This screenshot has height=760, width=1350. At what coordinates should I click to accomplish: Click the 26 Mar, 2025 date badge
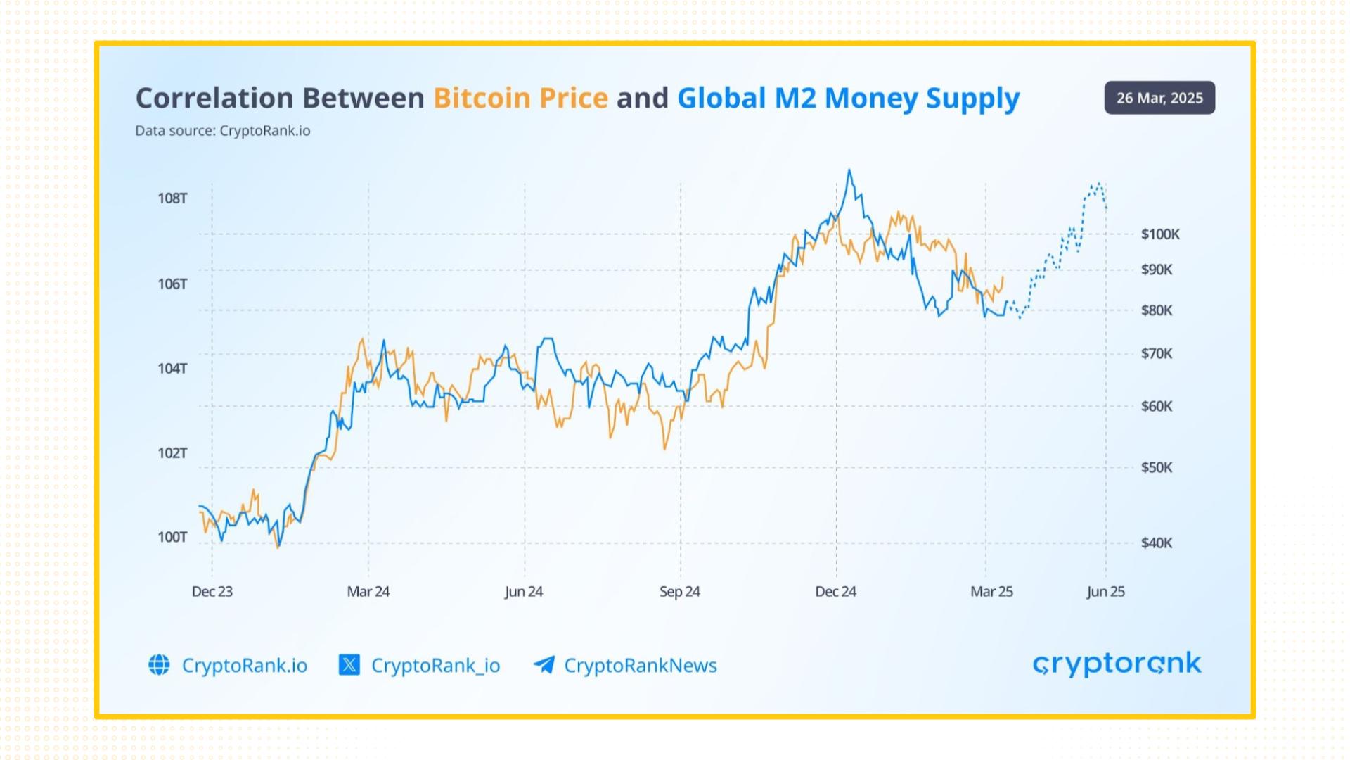click(x=1159, y=98)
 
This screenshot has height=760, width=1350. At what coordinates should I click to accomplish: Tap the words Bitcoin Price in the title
click(x=520, y=98)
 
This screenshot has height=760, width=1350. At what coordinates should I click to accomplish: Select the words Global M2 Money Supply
click(x=848, y=98)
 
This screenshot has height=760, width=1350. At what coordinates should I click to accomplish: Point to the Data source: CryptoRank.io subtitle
click(x=222, y=131)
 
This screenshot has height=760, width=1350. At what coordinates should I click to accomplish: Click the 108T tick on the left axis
click(x=172, y=198)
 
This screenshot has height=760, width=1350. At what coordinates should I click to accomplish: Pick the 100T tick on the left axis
click(x=172, y=538)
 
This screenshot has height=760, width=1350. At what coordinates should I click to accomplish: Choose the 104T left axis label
click(x=172, y=369)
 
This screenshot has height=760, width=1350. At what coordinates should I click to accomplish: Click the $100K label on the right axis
click(x=1160, y=234)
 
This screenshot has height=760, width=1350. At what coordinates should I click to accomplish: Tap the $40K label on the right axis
click(x=1157, y=543)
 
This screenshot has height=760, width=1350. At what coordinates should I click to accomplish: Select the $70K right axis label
click(x=1157, y=354)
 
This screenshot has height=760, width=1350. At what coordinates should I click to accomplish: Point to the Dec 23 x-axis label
click(x=212, y=592)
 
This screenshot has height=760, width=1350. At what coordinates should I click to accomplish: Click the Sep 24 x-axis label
click(x=679, y=592)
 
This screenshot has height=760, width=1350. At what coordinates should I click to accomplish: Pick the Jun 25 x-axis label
click(x=1105, y=592)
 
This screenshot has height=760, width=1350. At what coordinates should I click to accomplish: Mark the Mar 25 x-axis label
click(x=991, y=592)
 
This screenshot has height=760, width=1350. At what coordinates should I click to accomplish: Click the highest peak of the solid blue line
click(x=849, y=170)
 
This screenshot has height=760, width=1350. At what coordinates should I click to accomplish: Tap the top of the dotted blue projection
click(x=1099, y=184)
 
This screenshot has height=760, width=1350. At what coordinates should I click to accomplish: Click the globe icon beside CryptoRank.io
click(x=159, y=665)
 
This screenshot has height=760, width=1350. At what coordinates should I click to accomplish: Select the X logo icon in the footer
click(x=349, y=665)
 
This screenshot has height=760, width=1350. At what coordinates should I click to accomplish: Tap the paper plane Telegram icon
click(x=544, y=665)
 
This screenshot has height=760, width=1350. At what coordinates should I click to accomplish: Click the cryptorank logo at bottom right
click(x=1117, y=664)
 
